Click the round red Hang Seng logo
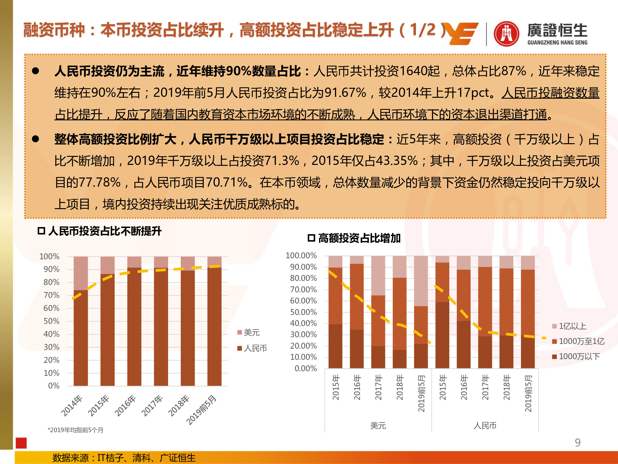coord(506,33)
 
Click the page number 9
coord(578,442)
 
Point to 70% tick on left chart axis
coord(51,295)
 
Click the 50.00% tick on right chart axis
coord(303,312)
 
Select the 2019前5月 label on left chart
coord(201,410)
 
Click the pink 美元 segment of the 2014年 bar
coord(81,273)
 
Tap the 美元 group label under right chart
coord(378,426)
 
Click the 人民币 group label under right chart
coord(485,426)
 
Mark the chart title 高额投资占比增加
coord(359,238)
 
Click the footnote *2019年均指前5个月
coord(75,430)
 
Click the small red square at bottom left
coord(21,443)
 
